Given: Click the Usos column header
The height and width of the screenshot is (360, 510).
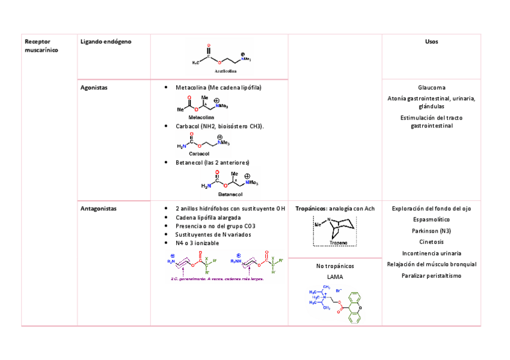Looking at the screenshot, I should coord(431,41).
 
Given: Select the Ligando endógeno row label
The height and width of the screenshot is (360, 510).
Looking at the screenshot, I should coord(106,41).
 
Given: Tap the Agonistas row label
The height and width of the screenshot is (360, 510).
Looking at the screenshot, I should coord(94,87).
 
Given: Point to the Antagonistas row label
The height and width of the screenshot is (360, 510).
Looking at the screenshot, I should coord(99,209).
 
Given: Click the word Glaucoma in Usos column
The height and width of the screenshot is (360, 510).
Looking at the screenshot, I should coord(431,88).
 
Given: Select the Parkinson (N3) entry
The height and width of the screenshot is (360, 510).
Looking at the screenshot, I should coord(431,231).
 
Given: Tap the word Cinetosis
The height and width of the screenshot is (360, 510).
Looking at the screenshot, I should coord(431,242).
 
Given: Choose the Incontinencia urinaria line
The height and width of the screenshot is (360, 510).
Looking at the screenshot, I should coord(431,253).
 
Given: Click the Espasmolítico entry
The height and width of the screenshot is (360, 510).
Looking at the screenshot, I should coord(431,220).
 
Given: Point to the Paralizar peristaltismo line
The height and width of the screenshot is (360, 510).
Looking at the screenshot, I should coord(431,275).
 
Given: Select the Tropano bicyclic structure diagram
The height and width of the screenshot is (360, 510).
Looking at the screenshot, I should coord(335,230).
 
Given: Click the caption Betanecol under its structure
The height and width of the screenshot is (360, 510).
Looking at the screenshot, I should coord(230,195).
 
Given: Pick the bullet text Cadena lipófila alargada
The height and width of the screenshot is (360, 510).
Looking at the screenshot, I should coord(208,217).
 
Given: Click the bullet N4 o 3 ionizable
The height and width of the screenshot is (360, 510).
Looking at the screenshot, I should coord(197,243).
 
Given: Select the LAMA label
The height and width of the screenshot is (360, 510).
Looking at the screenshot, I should coord(335,276).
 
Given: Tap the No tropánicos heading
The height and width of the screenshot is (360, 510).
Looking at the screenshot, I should coord(335,266).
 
